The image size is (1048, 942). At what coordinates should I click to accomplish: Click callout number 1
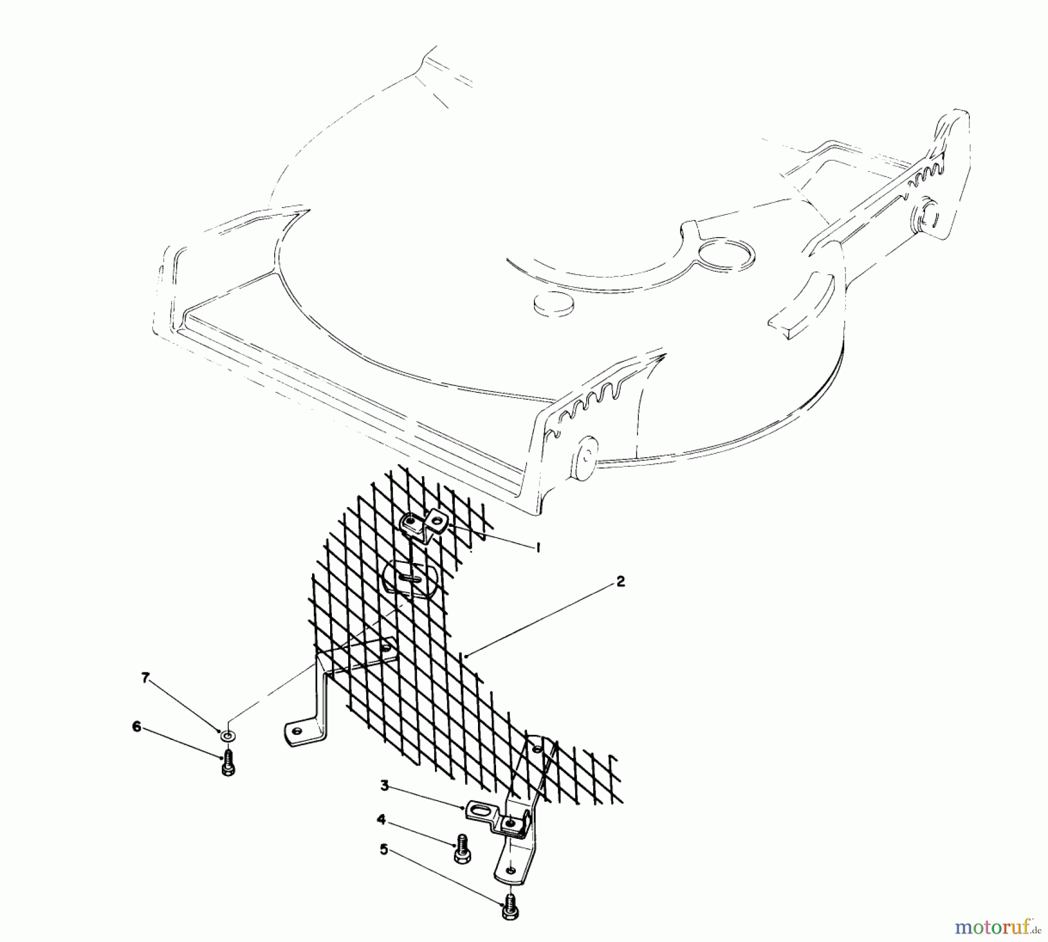537,547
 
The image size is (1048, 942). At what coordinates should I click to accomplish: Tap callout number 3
384,785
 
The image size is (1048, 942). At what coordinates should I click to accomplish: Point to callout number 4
381,820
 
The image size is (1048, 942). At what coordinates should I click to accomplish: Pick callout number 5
384,849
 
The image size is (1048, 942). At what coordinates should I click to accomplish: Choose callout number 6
137,727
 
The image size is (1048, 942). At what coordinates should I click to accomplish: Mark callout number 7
146,677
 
